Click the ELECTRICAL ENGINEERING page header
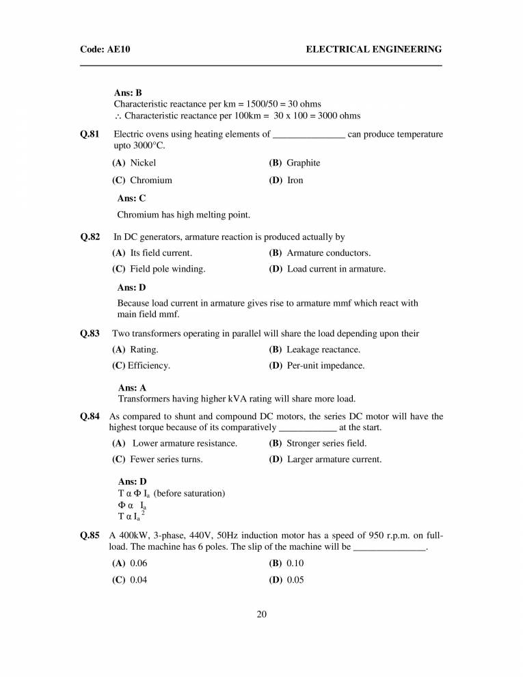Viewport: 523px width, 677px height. [373, 49]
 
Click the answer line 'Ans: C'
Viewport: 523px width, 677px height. [131, 198]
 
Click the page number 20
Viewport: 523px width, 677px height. [261, 613]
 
